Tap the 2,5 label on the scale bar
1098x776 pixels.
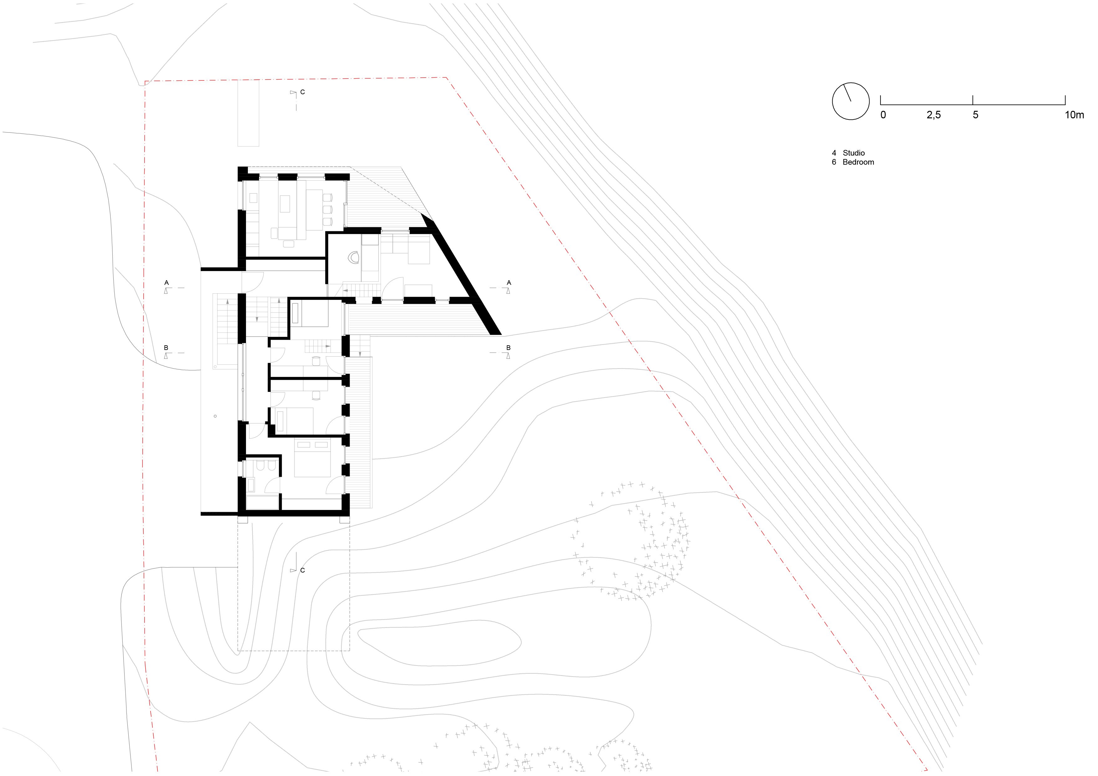[x=933, y=115]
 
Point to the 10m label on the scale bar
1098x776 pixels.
[x=1074, y=115]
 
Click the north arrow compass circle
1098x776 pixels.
[x=850, y=101]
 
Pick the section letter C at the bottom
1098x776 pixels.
[x=303, y=570]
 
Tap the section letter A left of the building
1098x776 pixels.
[x=167, y=283]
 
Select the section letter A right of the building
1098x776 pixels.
[x=509, y=283]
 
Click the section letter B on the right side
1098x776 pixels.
[x=508, y=347]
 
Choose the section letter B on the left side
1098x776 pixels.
[x=166, y=347]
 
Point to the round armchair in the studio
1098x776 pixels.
[x=354, y=257]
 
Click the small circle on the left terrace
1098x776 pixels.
[x=215, y=416]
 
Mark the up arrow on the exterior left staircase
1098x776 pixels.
[x=227, y=302]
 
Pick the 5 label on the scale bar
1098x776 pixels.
[x=976, y=115]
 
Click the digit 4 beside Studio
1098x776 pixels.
[x=834, y=153]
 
